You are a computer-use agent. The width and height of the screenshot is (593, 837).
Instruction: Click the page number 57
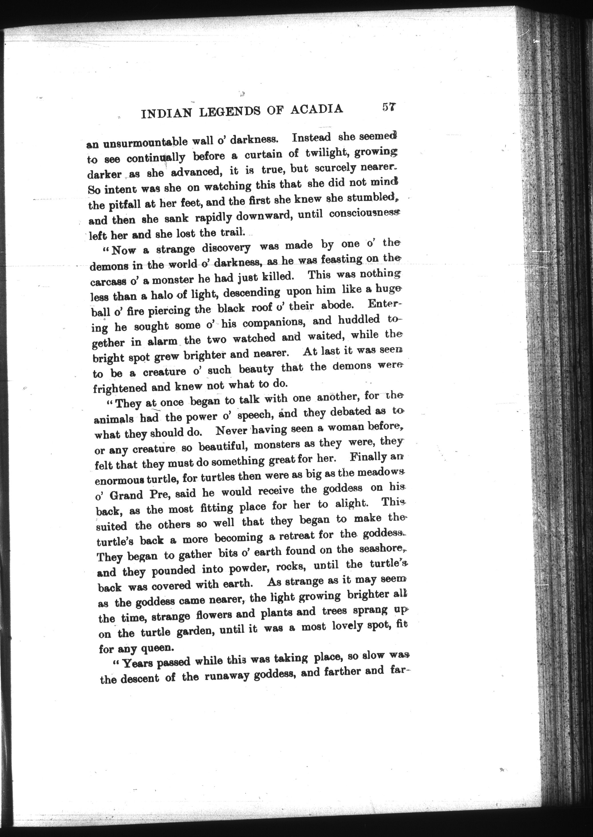click(390, 107)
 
